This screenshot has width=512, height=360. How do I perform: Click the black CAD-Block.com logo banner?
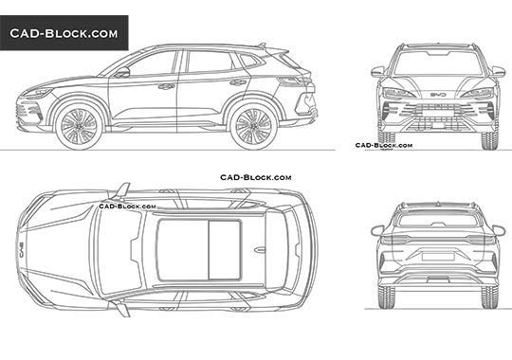(64, 33)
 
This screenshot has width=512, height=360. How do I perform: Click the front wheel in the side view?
(79, 126)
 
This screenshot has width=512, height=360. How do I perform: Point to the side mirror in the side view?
(121, 72)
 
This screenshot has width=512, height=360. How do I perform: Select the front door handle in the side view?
(166, 86)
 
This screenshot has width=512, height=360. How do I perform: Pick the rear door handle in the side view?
(237, 82)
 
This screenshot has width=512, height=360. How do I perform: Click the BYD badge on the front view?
(438, 94)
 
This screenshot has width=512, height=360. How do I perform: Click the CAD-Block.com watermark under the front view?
(383, 145)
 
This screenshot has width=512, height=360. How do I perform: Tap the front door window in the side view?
(153, 63)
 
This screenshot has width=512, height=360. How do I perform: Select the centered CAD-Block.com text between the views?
(256, 177)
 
